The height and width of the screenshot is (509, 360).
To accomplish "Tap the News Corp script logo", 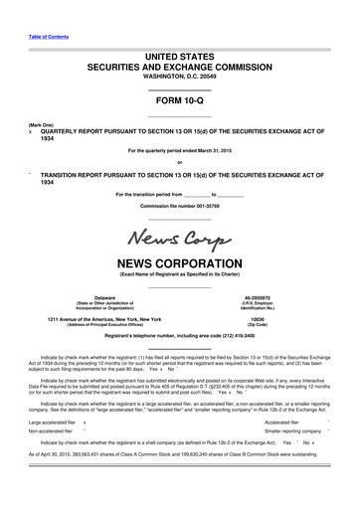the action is (179, 239).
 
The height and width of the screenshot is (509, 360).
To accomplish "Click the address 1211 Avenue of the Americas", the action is (90, 318).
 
